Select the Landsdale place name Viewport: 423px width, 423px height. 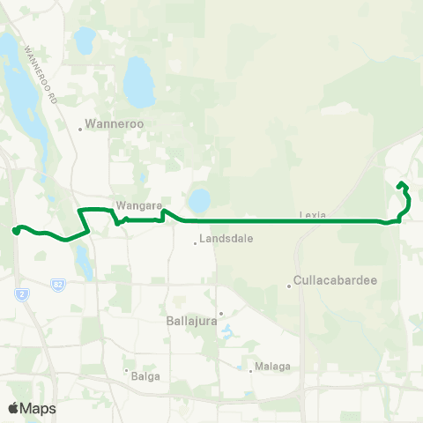coord(225,239)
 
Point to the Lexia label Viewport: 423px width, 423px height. coord(313,214)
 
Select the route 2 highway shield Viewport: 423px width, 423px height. coord(18,294)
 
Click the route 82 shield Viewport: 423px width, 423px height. coord(57,286)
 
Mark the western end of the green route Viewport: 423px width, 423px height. coord(16,230)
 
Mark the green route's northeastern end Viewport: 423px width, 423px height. coord(401,183)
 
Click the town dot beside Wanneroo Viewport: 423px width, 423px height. coord(80,129)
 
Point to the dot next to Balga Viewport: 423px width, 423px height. coord(126,370)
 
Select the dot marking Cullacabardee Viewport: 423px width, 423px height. coord(289,286)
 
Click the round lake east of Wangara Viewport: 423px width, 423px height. coord(199,202)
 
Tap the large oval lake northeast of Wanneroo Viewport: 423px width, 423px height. coord(137,80)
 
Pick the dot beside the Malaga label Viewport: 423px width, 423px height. coord(251,371)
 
